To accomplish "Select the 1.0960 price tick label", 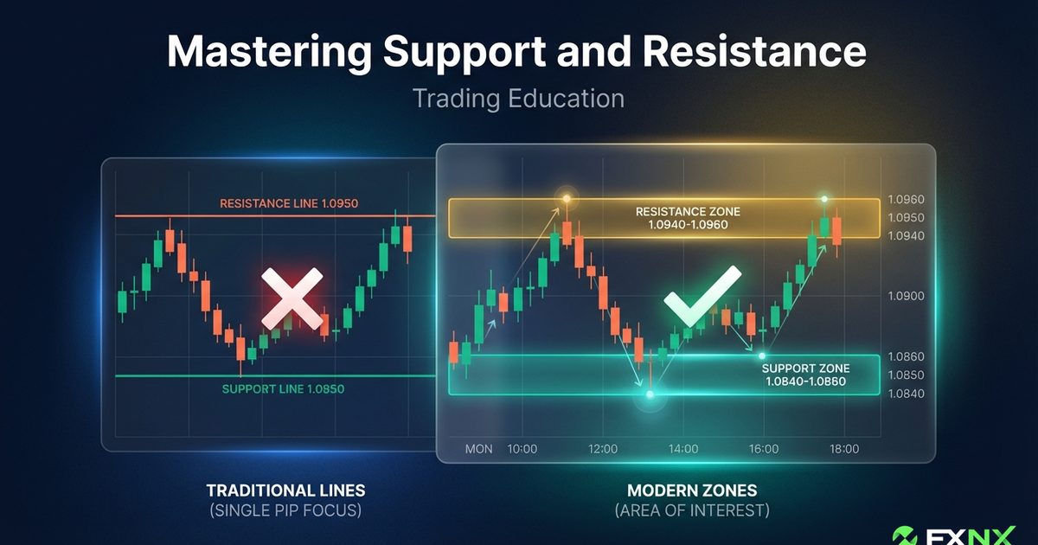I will [906, 199].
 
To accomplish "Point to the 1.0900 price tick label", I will [906, 296].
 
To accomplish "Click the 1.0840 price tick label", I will [906, 394].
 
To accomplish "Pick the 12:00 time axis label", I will [602, 449].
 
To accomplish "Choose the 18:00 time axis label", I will [844, 449].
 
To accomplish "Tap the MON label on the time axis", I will [478, 449].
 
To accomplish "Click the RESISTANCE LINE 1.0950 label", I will [289, 204].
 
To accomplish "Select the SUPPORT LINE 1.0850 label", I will [283, 388].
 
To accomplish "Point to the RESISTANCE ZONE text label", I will [688, 211].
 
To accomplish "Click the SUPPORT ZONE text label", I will [805, 368].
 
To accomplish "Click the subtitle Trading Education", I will [518, 98].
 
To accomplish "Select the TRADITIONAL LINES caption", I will [286, 490].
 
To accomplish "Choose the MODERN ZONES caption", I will [691, 490].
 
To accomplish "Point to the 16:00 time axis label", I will [764, 449].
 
